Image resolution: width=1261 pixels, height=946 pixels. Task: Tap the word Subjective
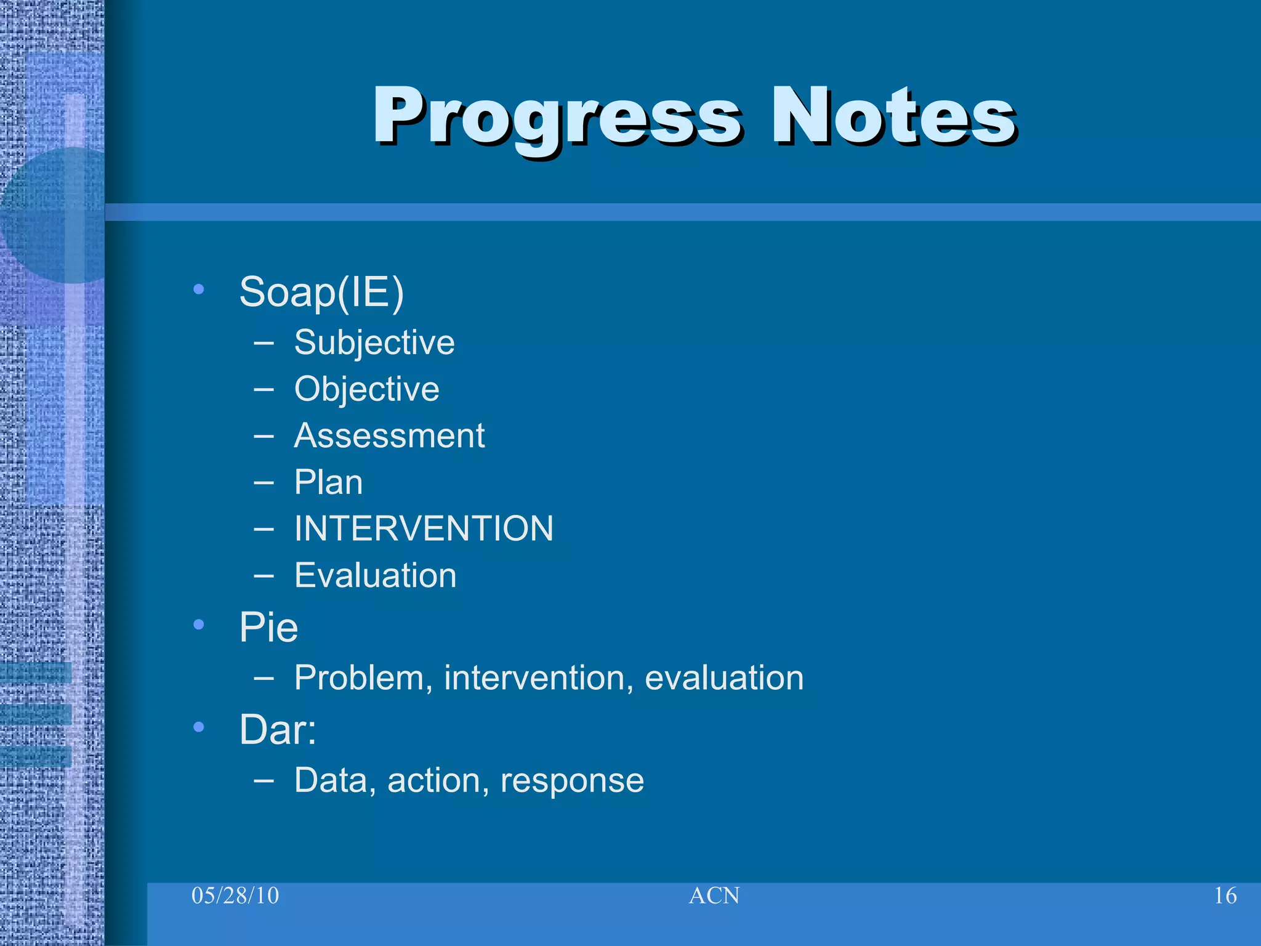click(374, 342)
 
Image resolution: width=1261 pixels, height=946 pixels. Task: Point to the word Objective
click(367, 389)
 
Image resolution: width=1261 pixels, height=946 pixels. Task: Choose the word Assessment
click(389, 436)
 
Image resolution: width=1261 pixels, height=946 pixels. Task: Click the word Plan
click(328, 482)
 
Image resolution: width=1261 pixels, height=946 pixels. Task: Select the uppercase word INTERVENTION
click(424, 528)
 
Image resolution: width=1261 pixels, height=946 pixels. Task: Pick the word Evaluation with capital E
click(375, 575)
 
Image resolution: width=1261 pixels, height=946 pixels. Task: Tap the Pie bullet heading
click(268, 628)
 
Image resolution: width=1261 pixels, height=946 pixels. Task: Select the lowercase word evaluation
click(724, 678)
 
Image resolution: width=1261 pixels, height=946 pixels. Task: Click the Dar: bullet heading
click(278, 730)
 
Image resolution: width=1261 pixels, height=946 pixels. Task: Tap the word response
click(572, 781)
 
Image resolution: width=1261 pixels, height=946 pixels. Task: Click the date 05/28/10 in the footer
click(235, 895)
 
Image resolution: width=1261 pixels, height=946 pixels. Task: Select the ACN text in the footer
click(714, 895)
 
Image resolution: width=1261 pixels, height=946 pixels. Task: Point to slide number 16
click(1225, 895)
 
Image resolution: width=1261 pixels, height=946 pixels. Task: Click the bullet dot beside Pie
click(198, 625)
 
